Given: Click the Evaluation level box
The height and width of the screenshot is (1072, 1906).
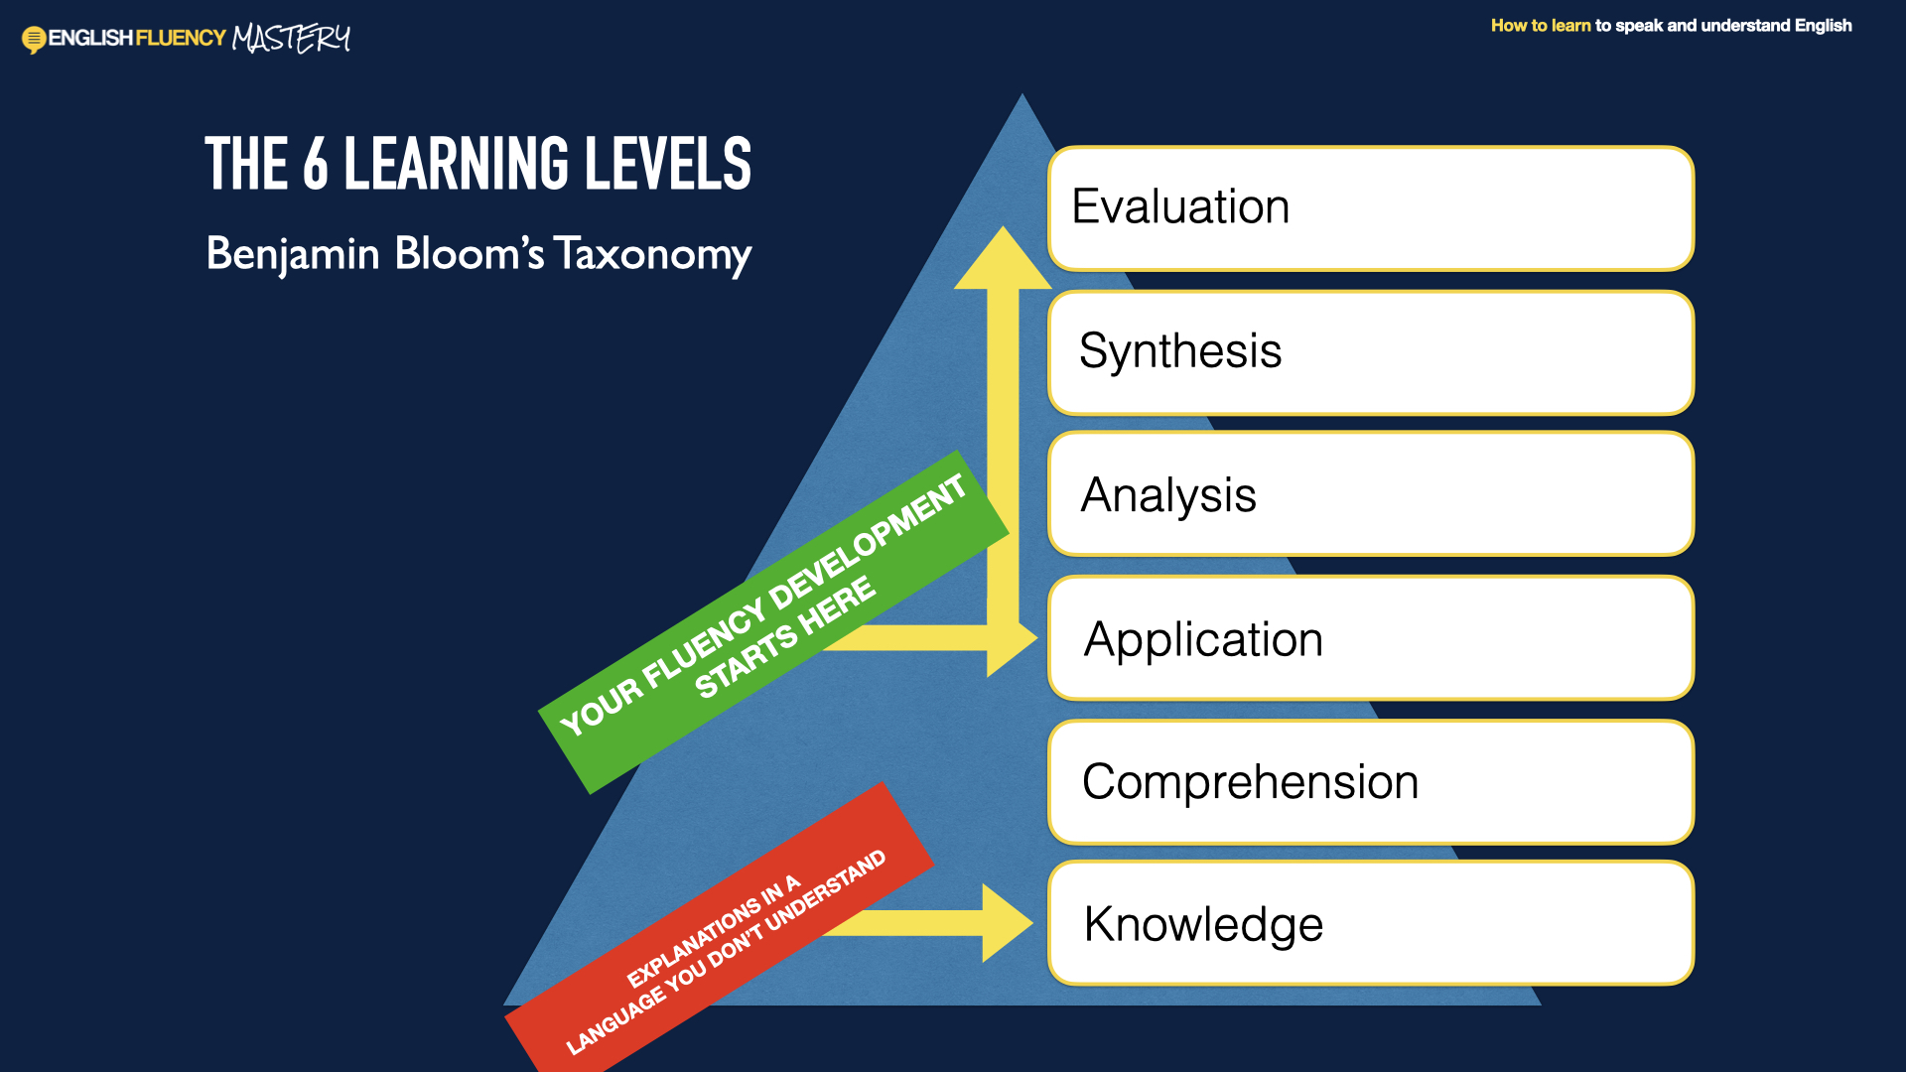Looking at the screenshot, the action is click(1371, 208).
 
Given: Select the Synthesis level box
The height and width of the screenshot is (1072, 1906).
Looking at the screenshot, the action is click(1371, 352).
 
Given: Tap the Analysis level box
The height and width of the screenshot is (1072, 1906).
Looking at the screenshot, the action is click(1371, 493).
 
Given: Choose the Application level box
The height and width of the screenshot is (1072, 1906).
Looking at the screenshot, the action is click(1371, 637).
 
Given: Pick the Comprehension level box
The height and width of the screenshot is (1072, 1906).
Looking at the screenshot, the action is click(1371, 782).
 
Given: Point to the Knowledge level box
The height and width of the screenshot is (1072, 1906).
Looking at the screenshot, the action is click(1371, 923).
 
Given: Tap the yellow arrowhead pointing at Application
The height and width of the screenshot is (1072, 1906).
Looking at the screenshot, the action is click(1011, 637).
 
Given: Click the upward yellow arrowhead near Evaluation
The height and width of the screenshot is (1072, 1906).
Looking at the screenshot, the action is click(1003, 258).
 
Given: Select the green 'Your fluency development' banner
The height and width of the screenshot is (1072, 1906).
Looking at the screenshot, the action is click(773, 621).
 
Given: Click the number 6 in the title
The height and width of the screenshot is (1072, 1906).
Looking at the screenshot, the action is click(316, 165).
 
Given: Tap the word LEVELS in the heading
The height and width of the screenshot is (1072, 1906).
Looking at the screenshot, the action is click(668, 164).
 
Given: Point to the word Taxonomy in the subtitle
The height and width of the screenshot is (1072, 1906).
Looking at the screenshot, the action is click(652, 255).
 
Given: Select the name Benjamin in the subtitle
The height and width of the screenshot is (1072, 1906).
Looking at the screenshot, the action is click(293, 254).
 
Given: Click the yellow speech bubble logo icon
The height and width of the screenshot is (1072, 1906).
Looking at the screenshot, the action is click(34, 40).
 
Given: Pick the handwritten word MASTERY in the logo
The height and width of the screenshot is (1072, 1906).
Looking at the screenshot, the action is click(291, 38).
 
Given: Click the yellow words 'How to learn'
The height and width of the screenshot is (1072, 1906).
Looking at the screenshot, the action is click(1541, 26).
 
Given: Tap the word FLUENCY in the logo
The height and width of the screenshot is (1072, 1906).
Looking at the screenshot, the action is click(181, 38).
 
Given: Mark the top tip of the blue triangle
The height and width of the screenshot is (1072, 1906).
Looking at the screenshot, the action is click(1022, 93).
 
